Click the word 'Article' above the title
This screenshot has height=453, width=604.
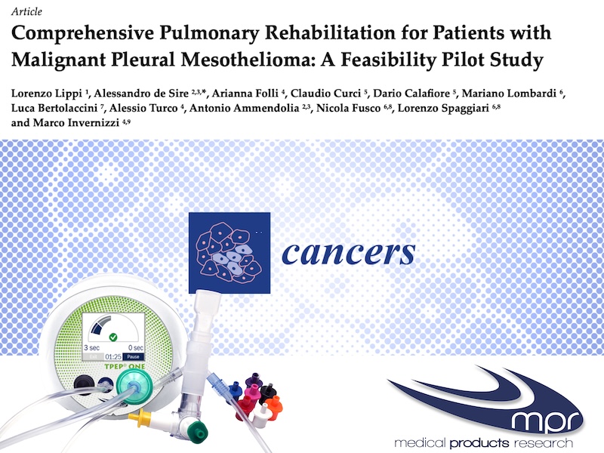[x=26, y=11]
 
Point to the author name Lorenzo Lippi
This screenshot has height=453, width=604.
[x=47, y=94]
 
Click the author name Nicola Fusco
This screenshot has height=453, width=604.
[x=348, y=108]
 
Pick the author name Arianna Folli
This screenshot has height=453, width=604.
[x=245, y=94]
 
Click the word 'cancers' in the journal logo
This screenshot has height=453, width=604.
[x=349, y=253]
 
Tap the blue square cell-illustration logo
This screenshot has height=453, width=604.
[x=230, y=253]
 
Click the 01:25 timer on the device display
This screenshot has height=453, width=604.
[x=113, y=357]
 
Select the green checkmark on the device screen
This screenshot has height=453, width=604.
[x=112, y=337]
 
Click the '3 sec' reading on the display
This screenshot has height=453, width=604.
[x=91, y=348]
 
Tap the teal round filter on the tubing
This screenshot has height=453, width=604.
[x=133, y=386]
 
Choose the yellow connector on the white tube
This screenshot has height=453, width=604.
[x=140, y=417]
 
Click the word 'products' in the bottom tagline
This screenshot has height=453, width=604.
[x=479, y=442]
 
